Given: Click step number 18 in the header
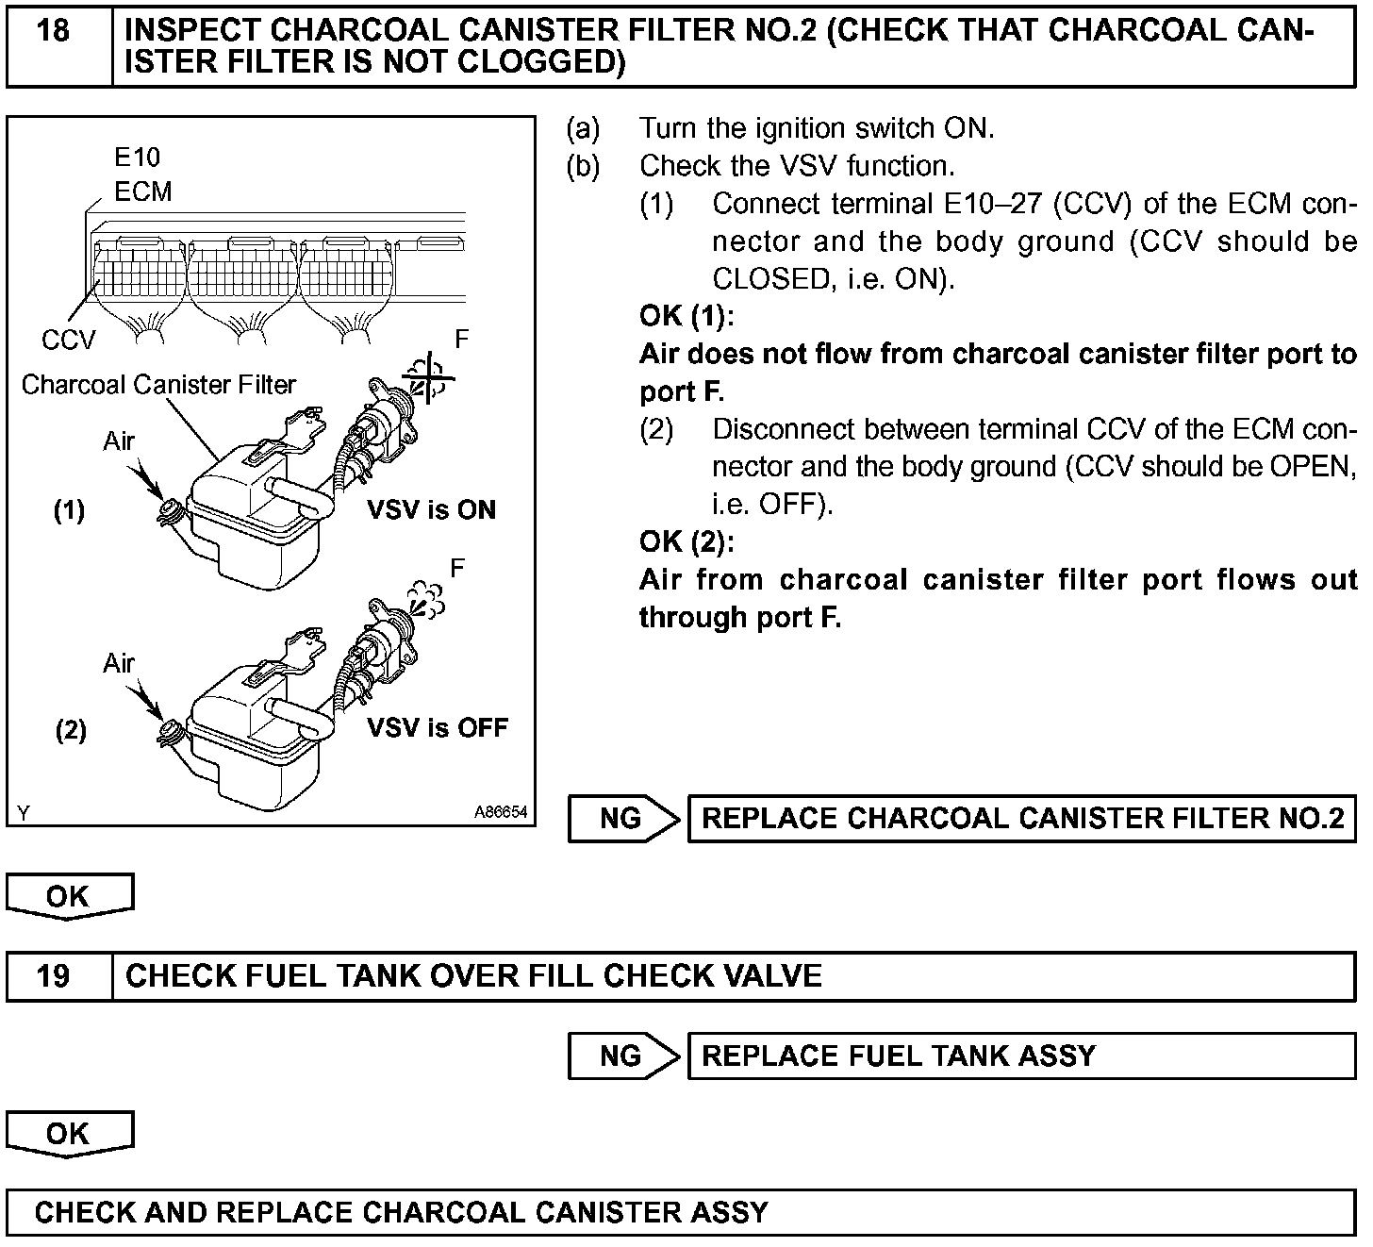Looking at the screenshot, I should pyautogui.click(x=54, y=31).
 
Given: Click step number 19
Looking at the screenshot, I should pyautogui.click(x=54, y=975).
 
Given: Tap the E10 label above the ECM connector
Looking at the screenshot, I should pyautogui.click(x=138, y=157).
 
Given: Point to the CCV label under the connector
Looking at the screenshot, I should pyautogui.click(x=68, y=340).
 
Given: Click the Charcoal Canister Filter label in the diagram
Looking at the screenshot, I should pyautogui.click(x=158, y=385).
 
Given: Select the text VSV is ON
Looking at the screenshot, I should pyautogui.click(x=430, y=510).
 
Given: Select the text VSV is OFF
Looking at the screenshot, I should pyautogui.click(x=437, y=727).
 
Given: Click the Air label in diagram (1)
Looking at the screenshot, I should pyautogui.click(x=119, y=441).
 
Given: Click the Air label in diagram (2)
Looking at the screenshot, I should pyautogui.click(x=119, y=663).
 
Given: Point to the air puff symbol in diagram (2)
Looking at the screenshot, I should pyautogui.click(x=423, y=599).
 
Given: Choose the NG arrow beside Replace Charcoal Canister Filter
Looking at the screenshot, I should pyautogui.click(x=622, y=819).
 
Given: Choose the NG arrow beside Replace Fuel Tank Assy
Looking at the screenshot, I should pyautogui.click(x=622, y=1056).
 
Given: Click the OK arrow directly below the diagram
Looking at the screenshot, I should pyautogui.click(x=69, y=896).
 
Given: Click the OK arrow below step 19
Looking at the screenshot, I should pyautogui.click(x=69, y=1133).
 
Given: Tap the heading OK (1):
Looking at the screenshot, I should pyautogui.click(x=686, y=316).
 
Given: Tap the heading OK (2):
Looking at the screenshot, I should pyautogui.click(x=686, y=541).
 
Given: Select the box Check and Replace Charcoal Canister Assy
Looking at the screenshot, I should pyautogui.click(x=681, y=1212).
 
